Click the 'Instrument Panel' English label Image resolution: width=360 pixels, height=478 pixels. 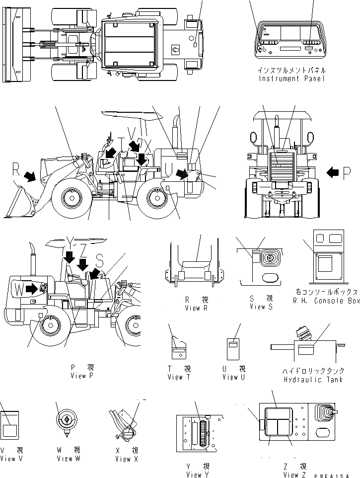coord(291,79)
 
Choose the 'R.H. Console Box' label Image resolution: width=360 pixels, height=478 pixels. coord(326,301)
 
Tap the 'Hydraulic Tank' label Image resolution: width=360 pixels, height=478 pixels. coord(306,380)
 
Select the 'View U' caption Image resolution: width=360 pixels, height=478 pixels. coord(233,377)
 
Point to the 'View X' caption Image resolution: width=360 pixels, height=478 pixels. coord(124,459)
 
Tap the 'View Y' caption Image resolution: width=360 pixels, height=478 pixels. coord(197,474)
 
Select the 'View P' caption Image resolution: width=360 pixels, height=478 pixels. coord(82,375)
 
